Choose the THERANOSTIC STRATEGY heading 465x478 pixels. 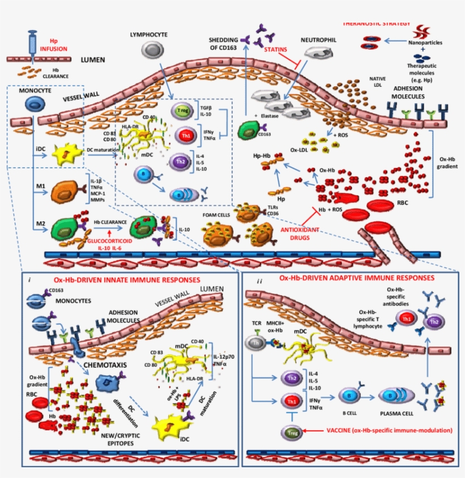pyautogui.click(x=377, y=24)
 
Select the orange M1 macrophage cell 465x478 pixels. pyautogui.click(x=67, y=191)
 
